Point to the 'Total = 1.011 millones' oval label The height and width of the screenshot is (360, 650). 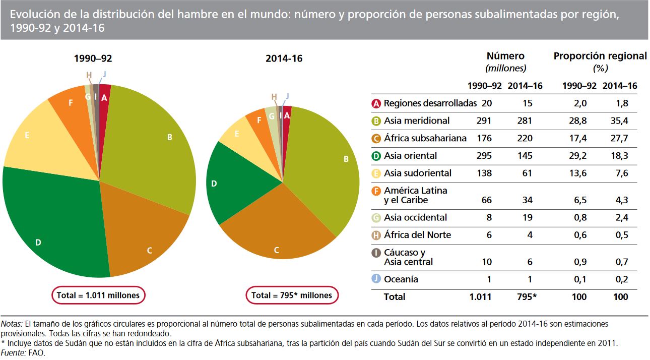click(x=98, y=295)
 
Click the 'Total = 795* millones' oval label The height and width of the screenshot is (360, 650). click(x=292, y=295)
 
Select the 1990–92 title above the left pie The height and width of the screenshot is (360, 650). click(x=93, y=59)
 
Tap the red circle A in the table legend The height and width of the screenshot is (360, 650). click(x=376, y=103)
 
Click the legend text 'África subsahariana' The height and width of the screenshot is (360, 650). click(x=425, y=138)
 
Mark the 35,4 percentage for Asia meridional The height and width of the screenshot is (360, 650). click(x=619, y=121)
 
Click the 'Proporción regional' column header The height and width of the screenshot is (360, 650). click(x=600, y=56)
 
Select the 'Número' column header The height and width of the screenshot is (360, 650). click(x=505, y=56)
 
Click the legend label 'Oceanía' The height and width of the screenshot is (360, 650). click(x=401, y=279)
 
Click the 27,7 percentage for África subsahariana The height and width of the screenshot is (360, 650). click(x=619, y=138)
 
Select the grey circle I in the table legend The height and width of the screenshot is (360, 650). click(x=376, y=253)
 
